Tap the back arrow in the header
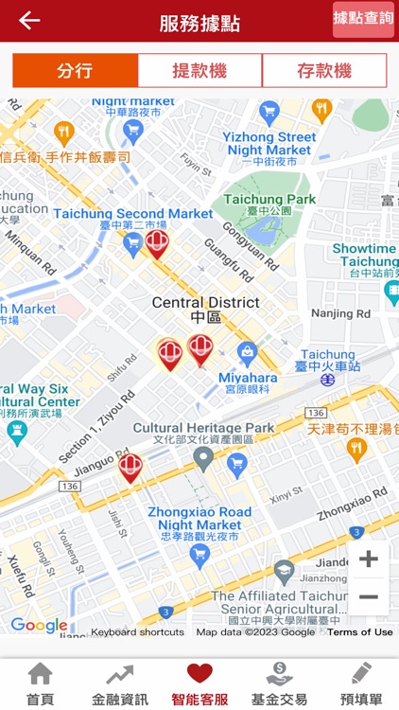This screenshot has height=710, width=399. (x=29, y=21)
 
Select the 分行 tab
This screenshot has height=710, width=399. (x=75, y=71)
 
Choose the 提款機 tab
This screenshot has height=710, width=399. (x=199, y=71)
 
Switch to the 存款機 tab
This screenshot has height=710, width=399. (x=324, y=71)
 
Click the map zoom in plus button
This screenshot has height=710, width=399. (x=368, y=559)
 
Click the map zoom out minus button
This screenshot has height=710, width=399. (x=368, y=597)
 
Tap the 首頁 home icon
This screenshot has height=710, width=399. (x=40, y=674)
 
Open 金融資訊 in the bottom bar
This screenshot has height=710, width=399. (x=120, y=674)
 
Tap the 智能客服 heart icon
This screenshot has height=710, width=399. (x=199, y=674)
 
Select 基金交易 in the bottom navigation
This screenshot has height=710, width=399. (x=279, y=674)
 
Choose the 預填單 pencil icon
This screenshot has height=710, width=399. (x=361, y=674)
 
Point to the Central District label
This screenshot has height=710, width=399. (x=205, y=303)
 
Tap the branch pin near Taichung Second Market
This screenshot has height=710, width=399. (x=157, y=243)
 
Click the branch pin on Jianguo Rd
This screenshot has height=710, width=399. (x=130, y=467)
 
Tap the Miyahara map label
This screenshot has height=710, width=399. (x=248, y=378)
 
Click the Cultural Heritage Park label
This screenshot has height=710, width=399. (x=203, y=428)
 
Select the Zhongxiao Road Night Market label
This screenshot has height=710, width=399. (x=199, y=518)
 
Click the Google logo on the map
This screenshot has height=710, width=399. (x=39, y=626)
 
